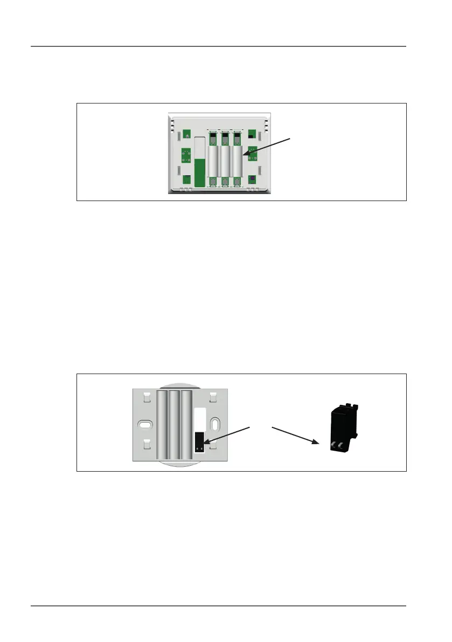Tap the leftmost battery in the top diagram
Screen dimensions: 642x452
click(213, 162)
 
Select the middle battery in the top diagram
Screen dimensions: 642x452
click(225, 162)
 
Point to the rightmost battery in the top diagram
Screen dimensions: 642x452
click(238, 162)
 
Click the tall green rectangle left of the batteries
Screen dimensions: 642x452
click(199, 174)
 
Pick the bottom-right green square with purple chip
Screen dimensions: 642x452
click(252, 180)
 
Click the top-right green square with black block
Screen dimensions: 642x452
click(252, 133)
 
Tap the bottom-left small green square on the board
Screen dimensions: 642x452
click(186, 180)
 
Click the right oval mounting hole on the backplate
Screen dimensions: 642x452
click(214, 424)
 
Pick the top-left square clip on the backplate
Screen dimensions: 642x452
click(145, 398)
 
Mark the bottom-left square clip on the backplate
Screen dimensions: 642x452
click(145, 446)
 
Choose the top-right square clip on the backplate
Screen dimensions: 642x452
click(213, 398)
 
